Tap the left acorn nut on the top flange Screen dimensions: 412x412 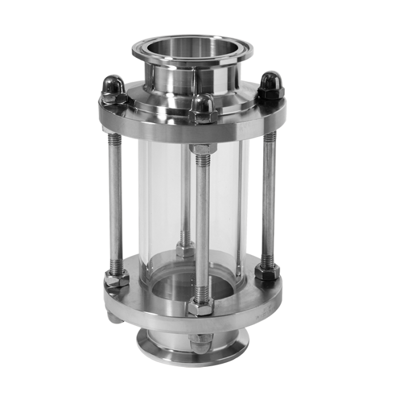(x=113, y=87)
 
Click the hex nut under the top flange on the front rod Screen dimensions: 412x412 (x=201, y=151)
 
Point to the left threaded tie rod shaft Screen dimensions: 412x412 (x=115, y=200)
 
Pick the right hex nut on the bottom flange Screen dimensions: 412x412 (x=267, y=273)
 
